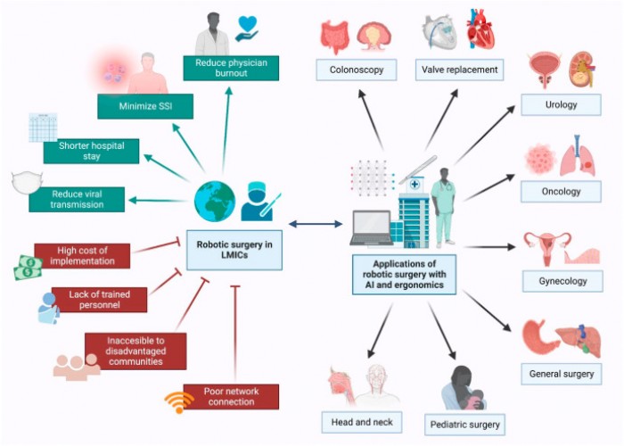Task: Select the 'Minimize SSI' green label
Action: (x=145, y=107)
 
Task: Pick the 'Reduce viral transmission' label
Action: (x=78, y=199)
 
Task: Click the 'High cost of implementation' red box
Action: (x=82, y=256)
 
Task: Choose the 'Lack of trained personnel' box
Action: (x=99, y=300)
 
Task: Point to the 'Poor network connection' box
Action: (x=230, y=396)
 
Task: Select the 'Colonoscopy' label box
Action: (x=356, y=69)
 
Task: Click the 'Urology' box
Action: (x=562, y=104)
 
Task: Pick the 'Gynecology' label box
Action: (x=562, y=280)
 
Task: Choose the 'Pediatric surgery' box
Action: (x=464, y=424)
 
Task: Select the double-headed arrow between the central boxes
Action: (x=315, y=224)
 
